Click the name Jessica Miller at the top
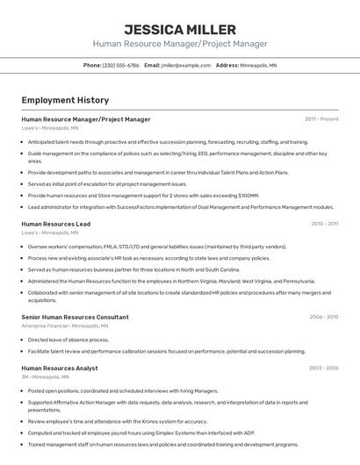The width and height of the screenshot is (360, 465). tap(179, 29)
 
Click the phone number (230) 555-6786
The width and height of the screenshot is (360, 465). tap(120, 65)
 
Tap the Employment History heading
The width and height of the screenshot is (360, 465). tap(65, 100)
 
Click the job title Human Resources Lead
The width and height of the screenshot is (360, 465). tap(55, 224)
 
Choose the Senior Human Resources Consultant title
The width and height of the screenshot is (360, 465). tap(75, 317)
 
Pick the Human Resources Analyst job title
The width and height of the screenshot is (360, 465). tap(59, 368)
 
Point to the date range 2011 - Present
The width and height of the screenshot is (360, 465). tap(321, 119)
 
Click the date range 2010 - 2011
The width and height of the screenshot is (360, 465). tap(324, 224)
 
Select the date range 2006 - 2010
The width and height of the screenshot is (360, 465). tap(323, 317)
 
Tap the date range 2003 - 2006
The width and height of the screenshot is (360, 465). tap(323, 368)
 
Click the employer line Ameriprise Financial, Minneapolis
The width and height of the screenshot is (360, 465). tap(66, 325)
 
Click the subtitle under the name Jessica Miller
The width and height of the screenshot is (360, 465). tap(179, 44)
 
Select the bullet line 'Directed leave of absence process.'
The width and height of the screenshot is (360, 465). tap(68, 340)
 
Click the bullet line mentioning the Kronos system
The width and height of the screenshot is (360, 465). tap(117, 421)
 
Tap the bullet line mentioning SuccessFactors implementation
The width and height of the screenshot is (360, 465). tap(180, 207)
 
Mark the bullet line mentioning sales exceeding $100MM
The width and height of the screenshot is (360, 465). tap(143, 196)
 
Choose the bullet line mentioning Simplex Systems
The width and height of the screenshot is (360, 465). tap(140, 433)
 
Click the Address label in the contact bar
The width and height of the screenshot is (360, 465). tap(227, 65)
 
